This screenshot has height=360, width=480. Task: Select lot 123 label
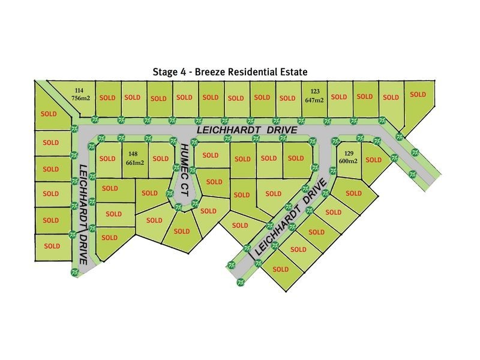pos(315,92)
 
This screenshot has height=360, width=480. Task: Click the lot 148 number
pos(133,152)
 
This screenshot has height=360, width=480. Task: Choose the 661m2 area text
pos(134,161)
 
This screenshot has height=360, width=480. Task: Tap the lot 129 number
pos(348,153)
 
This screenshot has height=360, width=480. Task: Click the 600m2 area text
pos(348,161)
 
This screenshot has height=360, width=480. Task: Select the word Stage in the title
pos(166,70)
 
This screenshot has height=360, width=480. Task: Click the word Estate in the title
pos(293,70)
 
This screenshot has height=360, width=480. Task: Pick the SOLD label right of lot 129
pos(373,160)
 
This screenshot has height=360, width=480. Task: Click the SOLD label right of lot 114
pos(107,97)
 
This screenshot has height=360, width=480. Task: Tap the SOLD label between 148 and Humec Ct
pos(160,159)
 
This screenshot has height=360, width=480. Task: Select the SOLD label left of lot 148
pos(107,159)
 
